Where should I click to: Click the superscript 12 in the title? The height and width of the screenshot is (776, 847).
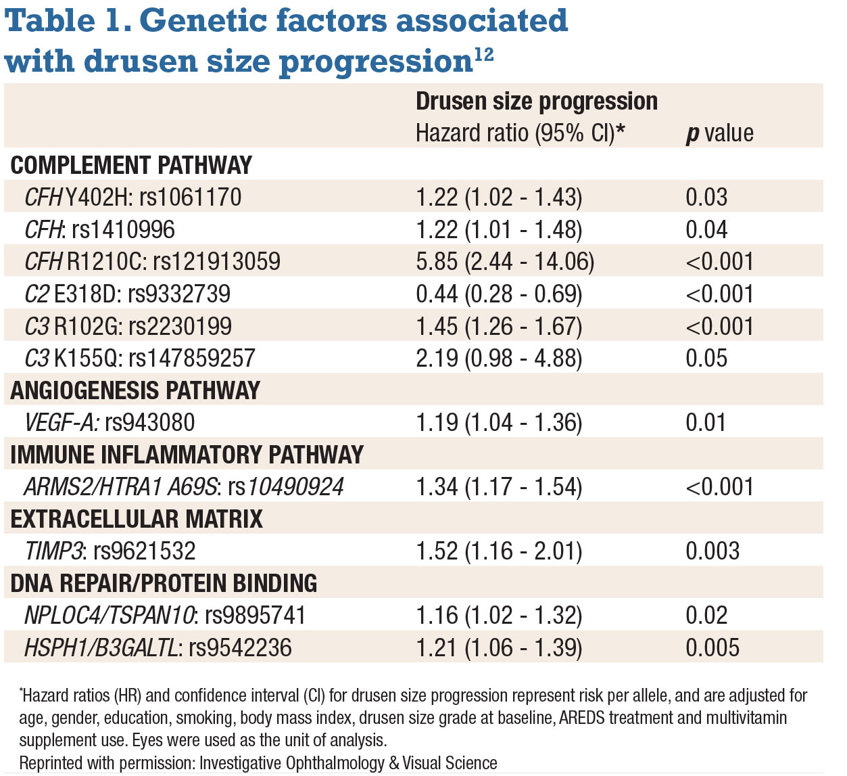coord(483,55)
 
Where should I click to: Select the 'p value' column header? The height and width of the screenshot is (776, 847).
coord(719,133)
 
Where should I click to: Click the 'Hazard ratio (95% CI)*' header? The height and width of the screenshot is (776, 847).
coord(520,133)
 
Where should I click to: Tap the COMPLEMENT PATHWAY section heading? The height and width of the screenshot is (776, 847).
coord(131,165)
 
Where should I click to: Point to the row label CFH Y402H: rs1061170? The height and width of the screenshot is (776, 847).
coord(133,197)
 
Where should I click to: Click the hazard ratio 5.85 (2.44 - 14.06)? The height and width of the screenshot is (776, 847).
coord(505,262)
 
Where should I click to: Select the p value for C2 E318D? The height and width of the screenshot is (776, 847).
coord(719,294)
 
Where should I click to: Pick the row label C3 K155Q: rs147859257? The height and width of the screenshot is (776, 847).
coord(140,359)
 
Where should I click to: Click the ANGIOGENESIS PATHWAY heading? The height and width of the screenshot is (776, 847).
coord(135,390)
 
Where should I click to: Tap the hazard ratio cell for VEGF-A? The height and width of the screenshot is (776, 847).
coord(499,423)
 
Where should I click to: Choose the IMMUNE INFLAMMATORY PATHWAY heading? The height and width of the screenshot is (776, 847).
coord(187,455)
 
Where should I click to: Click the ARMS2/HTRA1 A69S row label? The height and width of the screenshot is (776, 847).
coord(184,487)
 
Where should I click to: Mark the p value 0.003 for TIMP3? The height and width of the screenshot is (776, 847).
coord(712,551)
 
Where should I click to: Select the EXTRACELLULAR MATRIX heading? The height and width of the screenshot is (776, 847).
coord(137,519)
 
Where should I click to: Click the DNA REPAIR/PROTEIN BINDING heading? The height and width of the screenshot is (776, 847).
coord(164,583)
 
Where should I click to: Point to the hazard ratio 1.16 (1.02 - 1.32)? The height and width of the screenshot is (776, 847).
coord(499,616)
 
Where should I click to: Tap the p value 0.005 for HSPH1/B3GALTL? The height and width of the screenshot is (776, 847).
coord(712,648)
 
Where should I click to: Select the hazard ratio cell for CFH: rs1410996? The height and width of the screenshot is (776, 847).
coord(499,230)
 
